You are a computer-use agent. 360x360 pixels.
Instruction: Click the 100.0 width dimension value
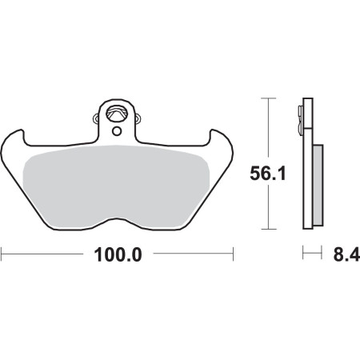pyautogui.click(x=118, y=254)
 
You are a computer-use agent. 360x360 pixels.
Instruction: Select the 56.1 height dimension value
pyautogui.click(x=268, y=174)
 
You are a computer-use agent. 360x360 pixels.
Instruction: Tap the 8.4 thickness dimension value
pyautogui.click(x=346, y=254)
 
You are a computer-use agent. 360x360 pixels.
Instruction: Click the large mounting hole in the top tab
pyautogui.click(x=116, y=114)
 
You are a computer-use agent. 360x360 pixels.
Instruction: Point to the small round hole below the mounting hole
pyautogui.click(x=117, y=131)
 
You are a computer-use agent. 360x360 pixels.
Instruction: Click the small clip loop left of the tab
pyautogui.click(x=96, y=118)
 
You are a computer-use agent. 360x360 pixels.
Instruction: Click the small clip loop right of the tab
pyautogui.click(x=138, y=118)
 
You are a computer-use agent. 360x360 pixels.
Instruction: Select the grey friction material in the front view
pyautogui.click(x=116, y=186)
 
